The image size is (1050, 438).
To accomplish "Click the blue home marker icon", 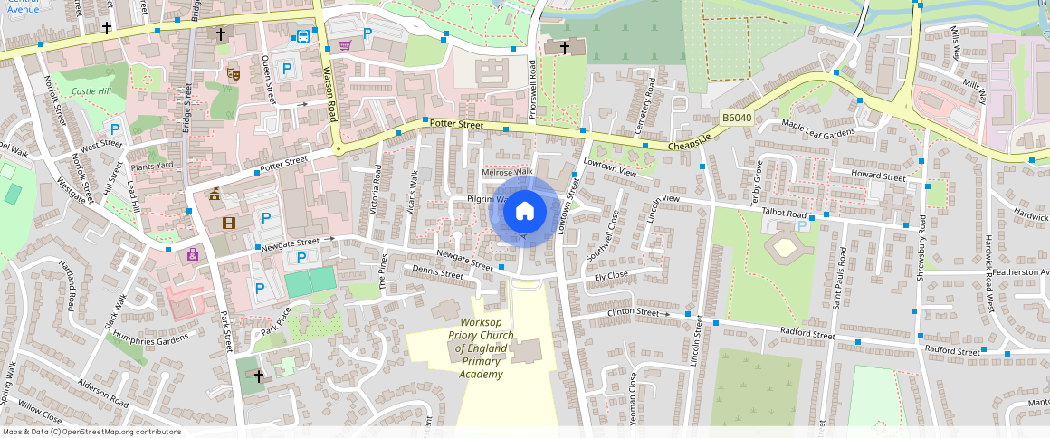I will pyautogui.click(x=524, y=212).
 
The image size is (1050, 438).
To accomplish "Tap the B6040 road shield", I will pyautogui.click(x=737, y=119).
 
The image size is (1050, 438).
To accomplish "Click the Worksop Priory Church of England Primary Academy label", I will pyautogui.click(x=480, y=348).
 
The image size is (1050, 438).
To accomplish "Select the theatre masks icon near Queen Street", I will pyautogui.click(x=233, y=75).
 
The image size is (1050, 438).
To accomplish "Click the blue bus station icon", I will pyautogui.click(x=301, y=36).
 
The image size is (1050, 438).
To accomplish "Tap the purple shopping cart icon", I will pyautogui.click(x=345, y=44).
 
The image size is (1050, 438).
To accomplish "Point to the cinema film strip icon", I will pyautogui.click(x=229, y=222).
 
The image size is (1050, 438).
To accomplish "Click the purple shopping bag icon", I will pyautogui.click(x=193, y=255).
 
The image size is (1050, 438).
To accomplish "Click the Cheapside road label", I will pyautogui.click(x=691, y=141).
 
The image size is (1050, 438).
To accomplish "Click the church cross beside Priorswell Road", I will pyautogui.click(x=565, y=46).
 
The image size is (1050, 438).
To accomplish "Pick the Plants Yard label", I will pyautogui.click(x=151, y=166).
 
